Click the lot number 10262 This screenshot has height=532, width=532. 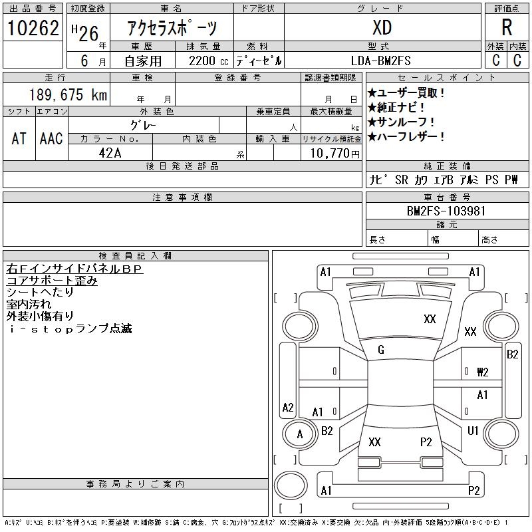(33, 28)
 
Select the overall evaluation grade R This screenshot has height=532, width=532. (507, 27)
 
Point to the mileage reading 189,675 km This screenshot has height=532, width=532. (68, 94)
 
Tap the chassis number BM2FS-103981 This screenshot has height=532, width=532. (446, 211)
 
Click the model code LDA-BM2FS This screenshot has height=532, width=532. (380, 61)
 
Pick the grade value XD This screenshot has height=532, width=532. (382, 27)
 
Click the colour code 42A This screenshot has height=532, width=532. (110, 153)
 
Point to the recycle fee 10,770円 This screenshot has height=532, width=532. (335, 154)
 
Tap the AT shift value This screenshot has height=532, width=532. (19, 138)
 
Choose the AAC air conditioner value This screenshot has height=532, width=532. (51, 138)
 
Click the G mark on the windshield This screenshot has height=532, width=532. (381, 350)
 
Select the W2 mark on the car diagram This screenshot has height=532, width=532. (483, 372)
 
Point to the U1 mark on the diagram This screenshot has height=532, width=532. (473, 431)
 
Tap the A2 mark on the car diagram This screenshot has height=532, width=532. (288, 407)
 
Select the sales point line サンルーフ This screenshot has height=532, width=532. (402, 122)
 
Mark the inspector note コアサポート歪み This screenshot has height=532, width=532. (53, 281)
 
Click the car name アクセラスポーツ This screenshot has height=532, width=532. (172, 28)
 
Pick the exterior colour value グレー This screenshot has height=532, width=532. (143, 126)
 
